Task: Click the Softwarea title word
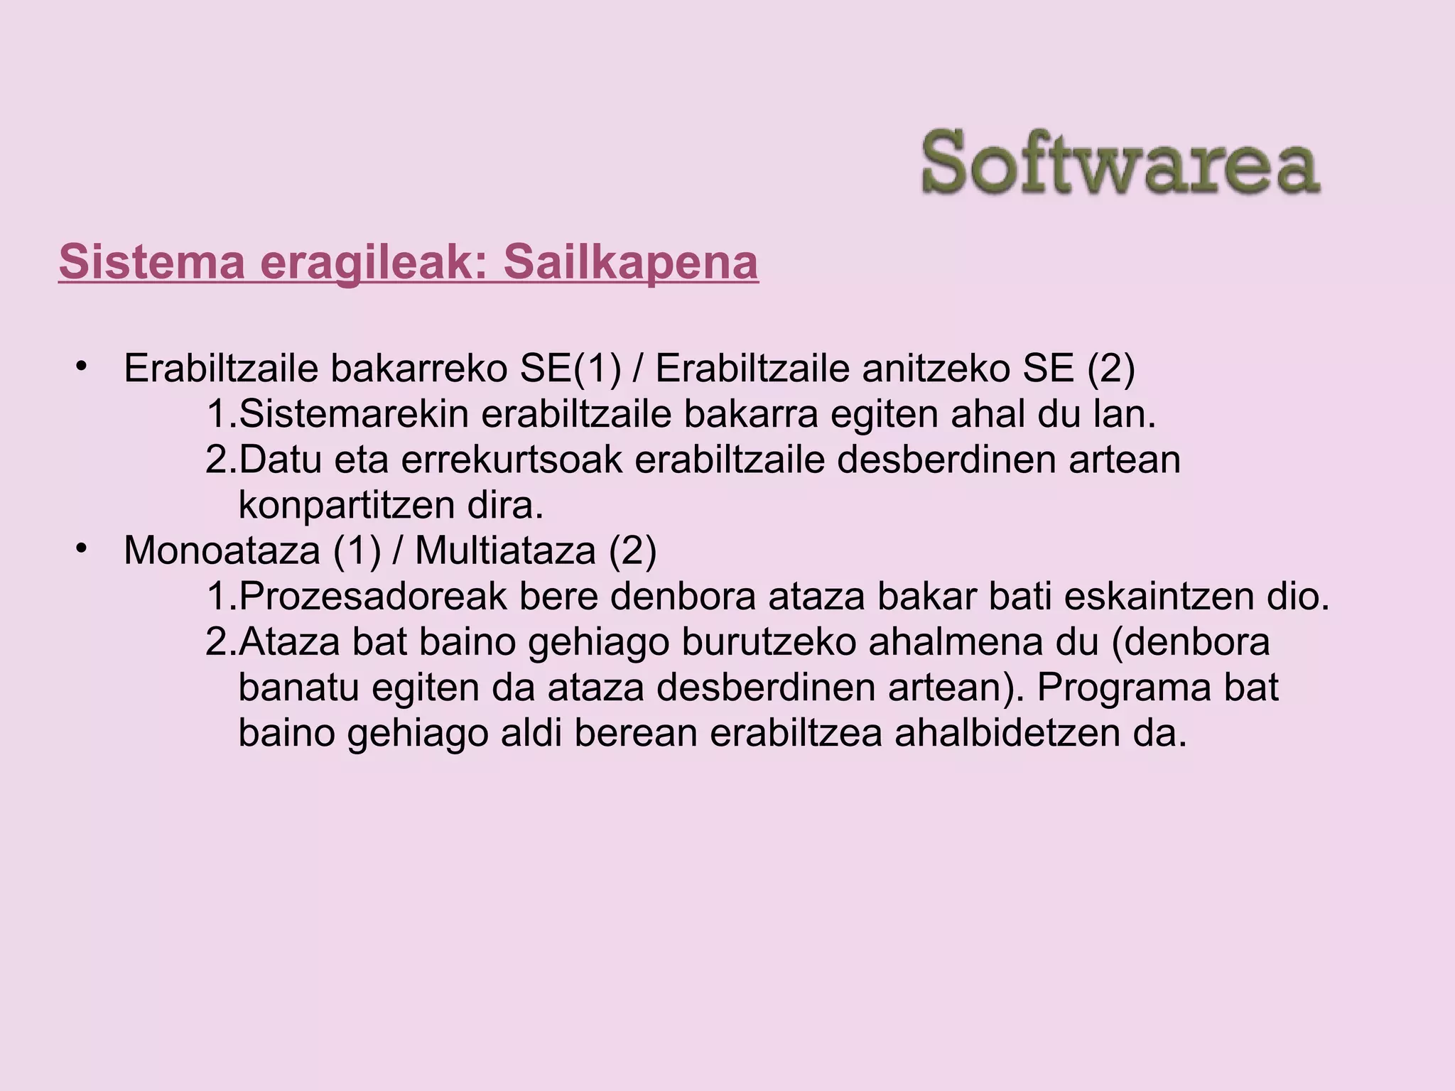tap(1120, 163)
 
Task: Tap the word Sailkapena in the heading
tap(630, 262)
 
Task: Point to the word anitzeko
tap(931, 368)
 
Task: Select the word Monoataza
tap(222, 550)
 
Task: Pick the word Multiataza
tap(505, 550)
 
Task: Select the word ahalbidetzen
tap(1003, 733)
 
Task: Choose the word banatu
tap(298, 688)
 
